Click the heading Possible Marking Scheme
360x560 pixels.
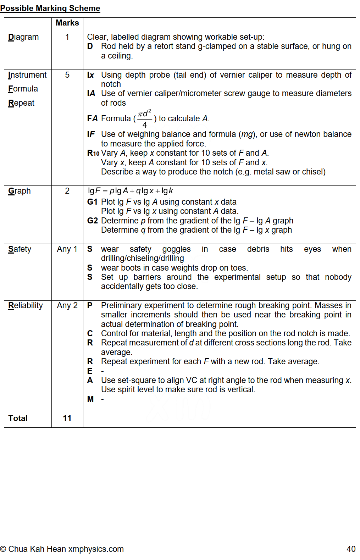tap(50, 8)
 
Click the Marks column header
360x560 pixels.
tap(67, 23)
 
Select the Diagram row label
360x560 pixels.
tap(23, 37)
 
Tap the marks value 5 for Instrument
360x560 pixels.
tap(67, 75)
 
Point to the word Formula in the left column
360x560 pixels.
tap(23, 89)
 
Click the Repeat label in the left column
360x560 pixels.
tap(21, 103)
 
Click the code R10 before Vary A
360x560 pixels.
tap(93, 153)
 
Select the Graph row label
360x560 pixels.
tap(20, 191)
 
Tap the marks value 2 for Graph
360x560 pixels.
tap(67, 191)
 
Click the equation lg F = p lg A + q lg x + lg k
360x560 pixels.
tap(130, 191)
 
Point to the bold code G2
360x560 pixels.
tap(92, 221)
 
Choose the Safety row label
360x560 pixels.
tap(20, 249)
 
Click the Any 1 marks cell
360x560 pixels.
tap(67, 249)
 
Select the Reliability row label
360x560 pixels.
tap(26, 306)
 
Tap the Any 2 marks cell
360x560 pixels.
tap(67, 306)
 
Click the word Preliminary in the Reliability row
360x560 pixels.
tap(121, 306)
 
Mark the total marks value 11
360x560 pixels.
tap(67, 418)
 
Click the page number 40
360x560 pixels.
tap(351, 549)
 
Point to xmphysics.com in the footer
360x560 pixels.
tap(96, 549)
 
